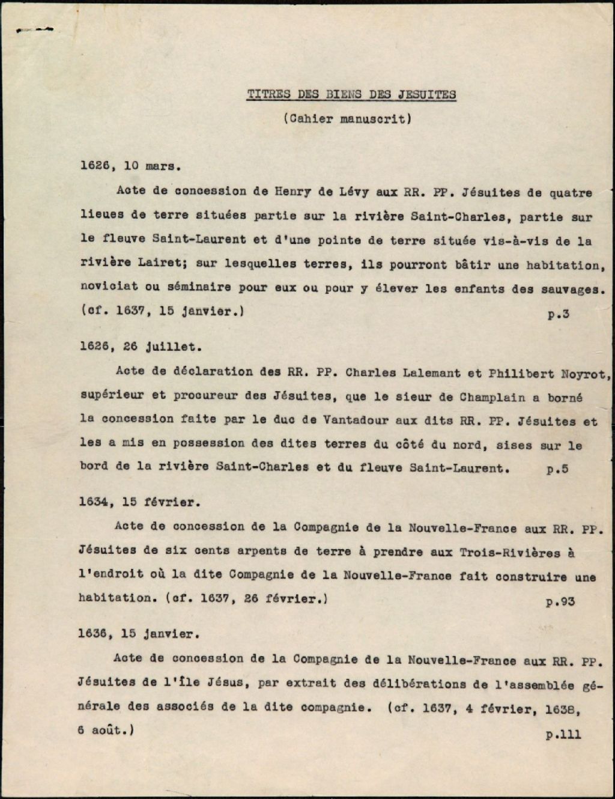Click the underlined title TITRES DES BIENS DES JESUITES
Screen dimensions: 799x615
point(351,94)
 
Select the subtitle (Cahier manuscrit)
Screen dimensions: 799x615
point(347,118)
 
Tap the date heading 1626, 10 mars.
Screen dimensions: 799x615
point(130,166)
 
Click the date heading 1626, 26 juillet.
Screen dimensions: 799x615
point(142,347)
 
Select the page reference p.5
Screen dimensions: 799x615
point(557,469)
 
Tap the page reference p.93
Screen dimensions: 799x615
point(560,601)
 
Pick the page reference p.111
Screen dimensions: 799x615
point(563,734)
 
